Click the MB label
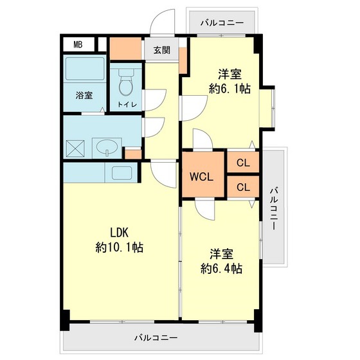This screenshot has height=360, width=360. (77, 44)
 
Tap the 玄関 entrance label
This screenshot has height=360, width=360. (161, 50)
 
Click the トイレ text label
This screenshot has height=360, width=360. (125, 104)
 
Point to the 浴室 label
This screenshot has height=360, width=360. (84, 96)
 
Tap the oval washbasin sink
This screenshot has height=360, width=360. (104, 148)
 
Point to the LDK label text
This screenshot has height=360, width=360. (119, 233)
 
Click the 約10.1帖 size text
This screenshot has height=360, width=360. (119, 248)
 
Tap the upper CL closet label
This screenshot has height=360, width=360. (242, 163)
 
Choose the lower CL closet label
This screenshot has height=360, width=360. (242, 188)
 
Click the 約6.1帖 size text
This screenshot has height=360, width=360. (229, 90)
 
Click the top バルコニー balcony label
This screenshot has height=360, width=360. (222, 23)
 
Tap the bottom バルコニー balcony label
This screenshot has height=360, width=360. (157, 337)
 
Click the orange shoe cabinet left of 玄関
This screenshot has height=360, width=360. (125, 48)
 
